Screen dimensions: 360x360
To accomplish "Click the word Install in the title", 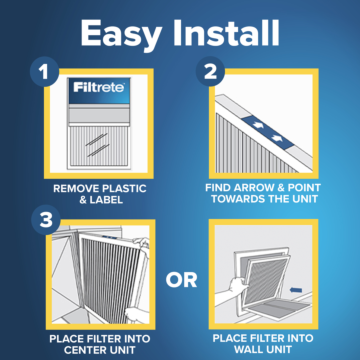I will point(222,33).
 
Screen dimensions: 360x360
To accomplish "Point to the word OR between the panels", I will point(181,279).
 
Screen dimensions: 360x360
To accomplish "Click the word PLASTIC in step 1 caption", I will point(123,186).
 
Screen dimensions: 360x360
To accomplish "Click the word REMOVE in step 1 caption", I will point(76,186).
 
